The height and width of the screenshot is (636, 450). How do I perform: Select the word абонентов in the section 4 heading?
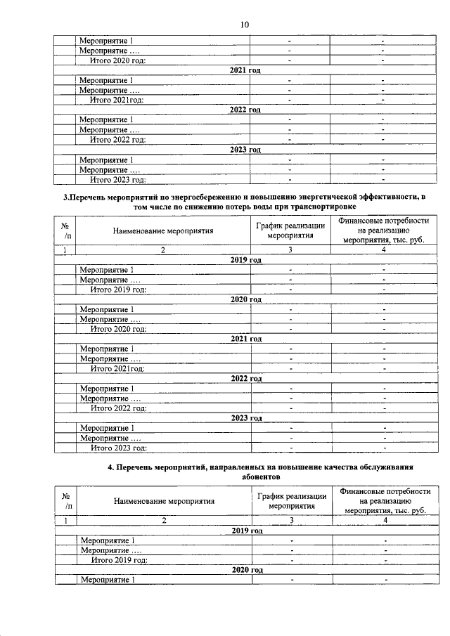coord(245,476)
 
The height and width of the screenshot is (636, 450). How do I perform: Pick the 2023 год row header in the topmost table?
coord(245,150)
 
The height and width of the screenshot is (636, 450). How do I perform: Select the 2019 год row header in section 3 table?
coord(246,259)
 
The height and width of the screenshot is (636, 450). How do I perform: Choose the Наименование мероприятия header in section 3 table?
coord(162,231)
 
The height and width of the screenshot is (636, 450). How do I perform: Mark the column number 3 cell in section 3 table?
coord(290,249)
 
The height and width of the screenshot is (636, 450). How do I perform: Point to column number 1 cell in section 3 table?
coord(65,249)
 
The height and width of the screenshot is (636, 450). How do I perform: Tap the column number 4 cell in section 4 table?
coord(385,520)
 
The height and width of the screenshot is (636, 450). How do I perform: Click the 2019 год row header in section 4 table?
coord(246,530)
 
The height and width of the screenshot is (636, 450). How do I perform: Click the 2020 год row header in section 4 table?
coord(246,569)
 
